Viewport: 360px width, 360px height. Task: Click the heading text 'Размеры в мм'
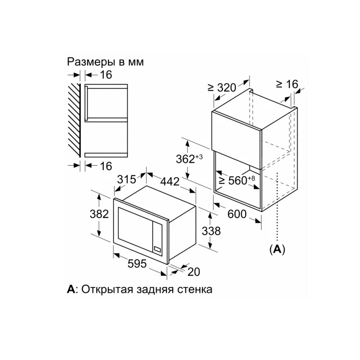point(106,62)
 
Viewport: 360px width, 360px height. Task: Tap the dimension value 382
point(99,214)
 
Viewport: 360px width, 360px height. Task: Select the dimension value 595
point(137,263)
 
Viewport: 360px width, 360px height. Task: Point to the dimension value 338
point(211,231)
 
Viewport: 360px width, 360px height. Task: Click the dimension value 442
point(170,181)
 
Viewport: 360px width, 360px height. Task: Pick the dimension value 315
point(126,180)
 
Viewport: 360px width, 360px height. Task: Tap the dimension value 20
point(194,272)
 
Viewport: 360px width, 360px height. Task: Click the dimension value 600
point(237,214)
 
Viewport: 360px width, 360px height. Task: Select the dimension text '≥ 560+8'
point(237,180)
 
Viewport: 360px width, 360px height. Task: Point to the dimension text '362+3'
point(189,159)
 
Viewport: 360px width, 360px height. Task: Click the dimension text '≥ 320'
point(222,88)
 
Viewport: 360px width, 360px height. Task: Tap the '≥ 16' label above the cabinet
point(287,84)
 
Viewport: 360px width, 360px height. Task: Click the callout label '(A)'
point(277,249)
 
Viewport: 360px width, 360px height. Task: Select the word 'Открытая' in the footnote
point(107,289)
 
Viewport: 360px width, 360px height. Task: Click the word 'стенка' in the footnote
point(195,290)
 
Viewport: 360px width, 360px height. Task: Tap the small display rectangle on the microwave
point(158,249)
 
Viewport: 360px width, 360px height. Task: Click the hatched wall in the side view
point(74,120)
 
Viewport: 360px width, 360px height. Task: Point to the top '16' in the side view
point(106,75)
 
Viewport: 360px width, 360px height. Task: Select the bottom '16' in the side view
point(106,166)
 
